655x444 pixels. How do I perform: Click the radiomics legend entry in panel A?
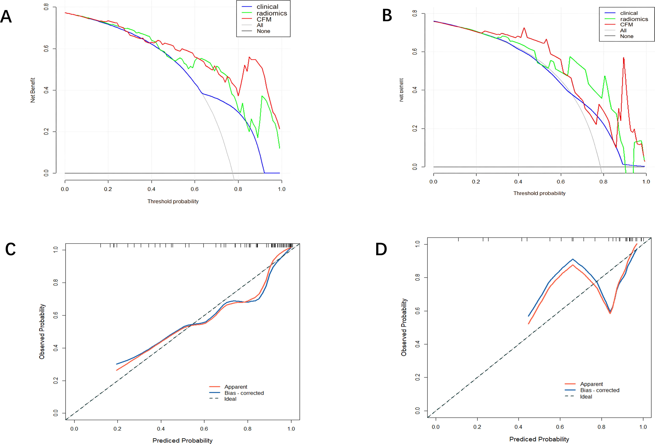coord(271,13)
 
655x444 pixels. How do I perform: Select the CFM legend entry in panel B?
coord(626,25)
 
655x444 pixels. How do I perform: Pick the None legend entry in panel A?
coord(263,31)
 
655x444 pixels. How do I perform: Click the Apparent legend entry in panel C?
coord(236,387)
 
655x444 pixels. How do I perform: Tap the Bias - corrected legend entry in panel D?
coord(599,390)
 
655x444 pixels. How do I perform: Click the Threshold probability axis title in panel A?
coord(173,201)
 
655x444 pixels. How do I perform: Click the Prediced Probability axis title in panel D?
coord(539,439)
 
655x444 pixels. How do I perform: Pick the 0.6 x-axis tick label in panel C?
coord(204,429)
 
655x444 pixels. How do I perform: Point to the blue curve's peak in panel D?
coord(572,259)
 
